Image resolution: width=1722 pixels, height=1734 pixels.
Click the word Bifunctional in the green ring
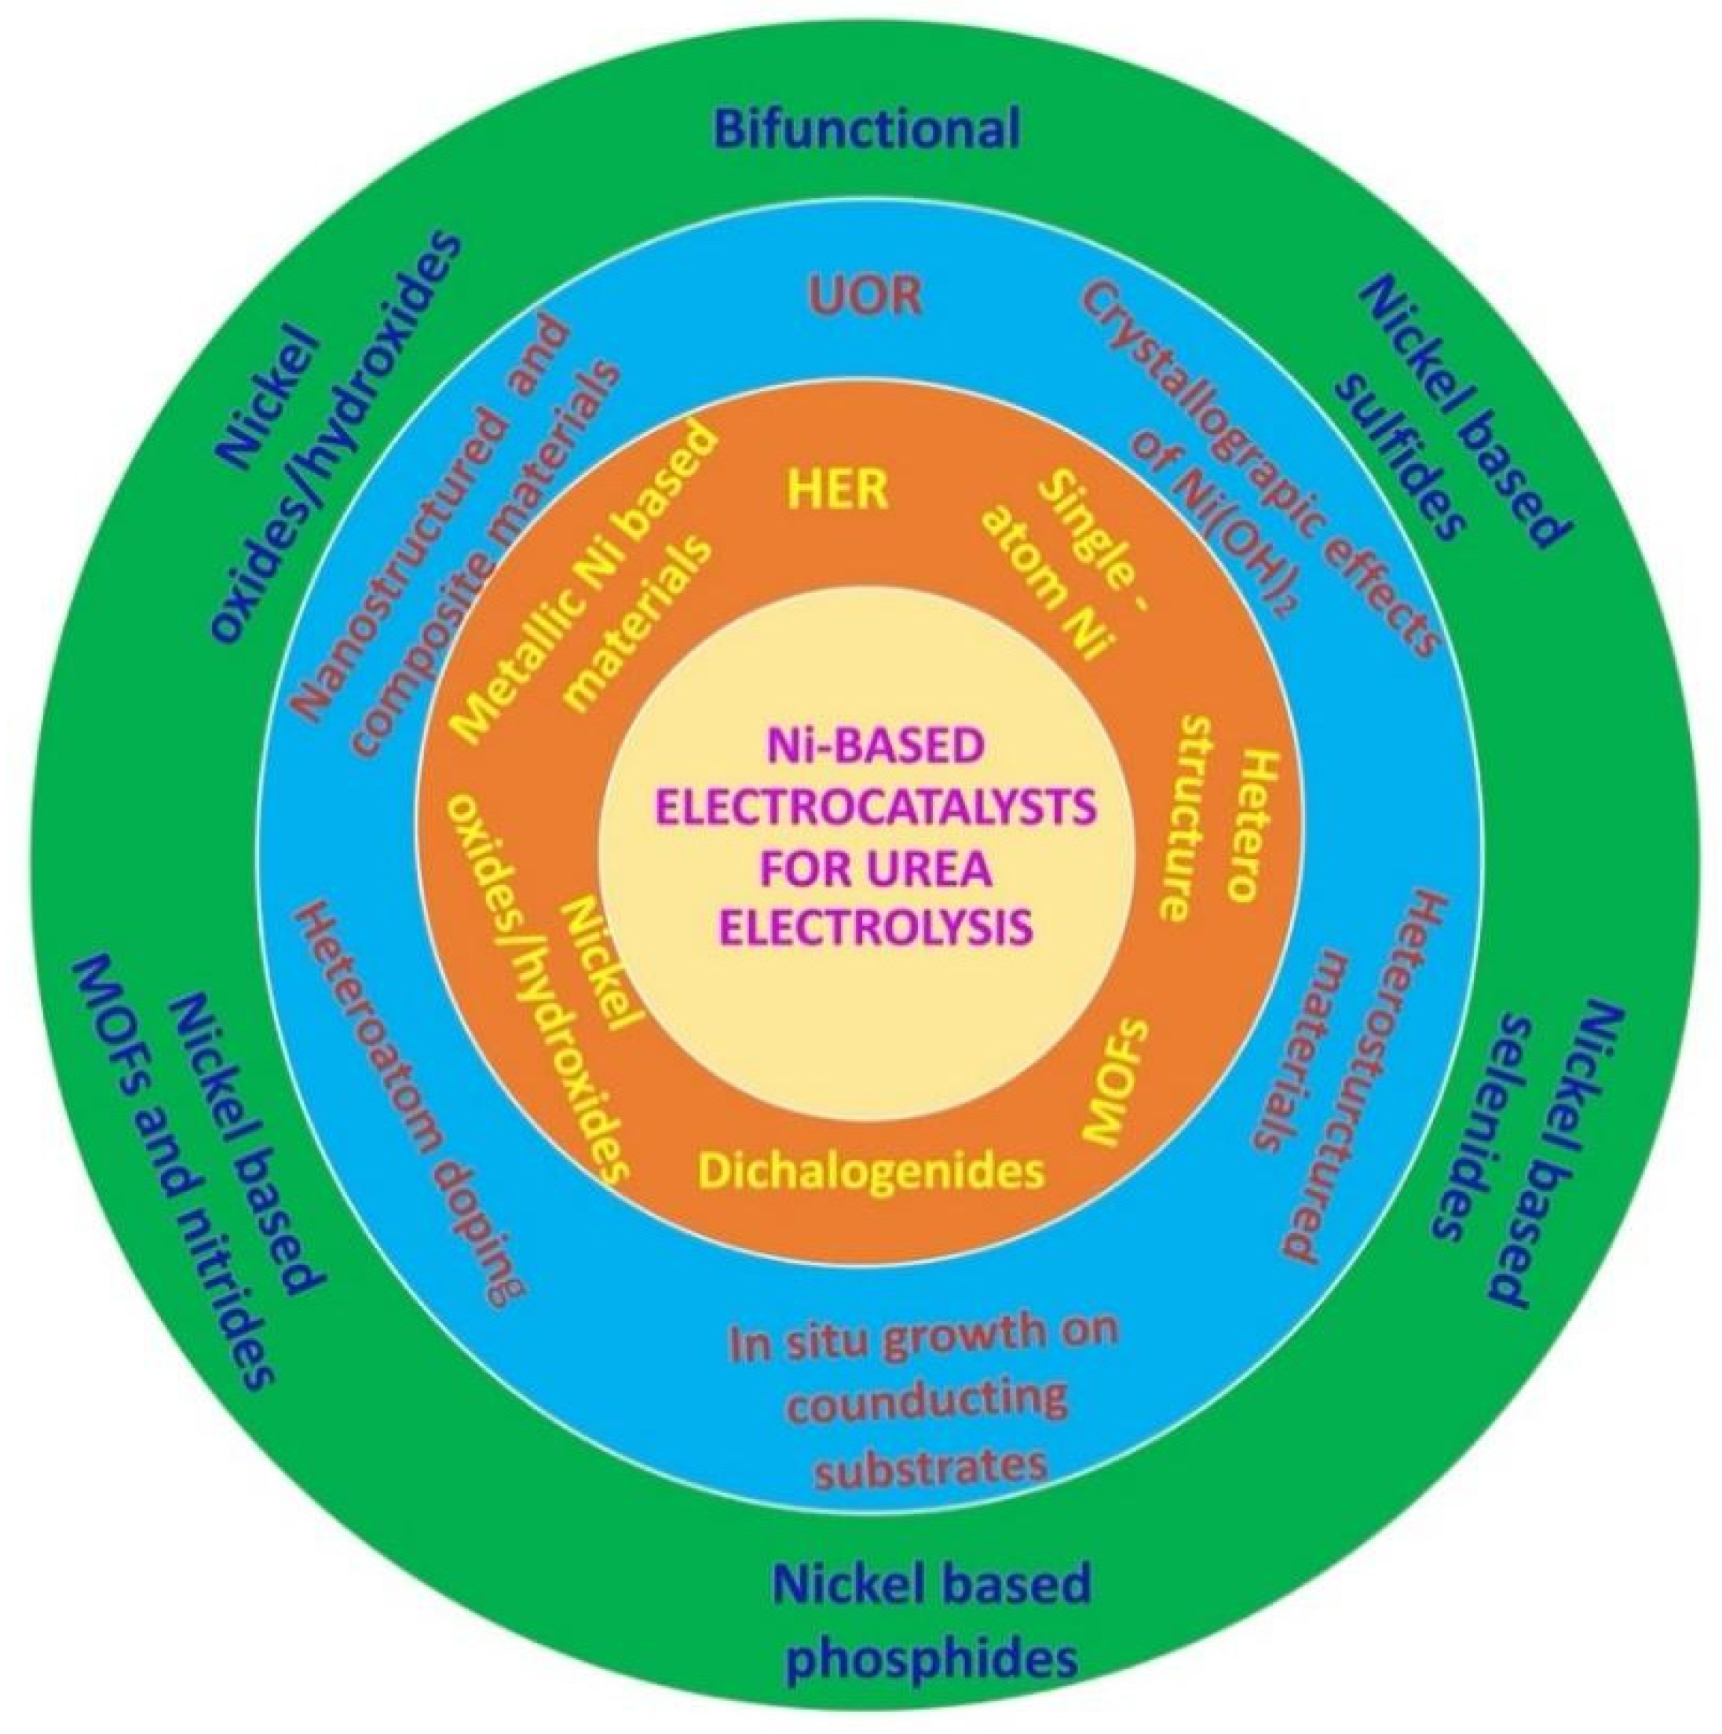click(868, 128)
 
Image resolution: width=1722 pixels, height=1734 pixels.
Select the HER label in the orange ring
click(837, 490)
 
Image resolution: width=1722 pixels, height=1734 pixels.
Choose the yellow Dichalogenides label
click(872, 1169)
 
